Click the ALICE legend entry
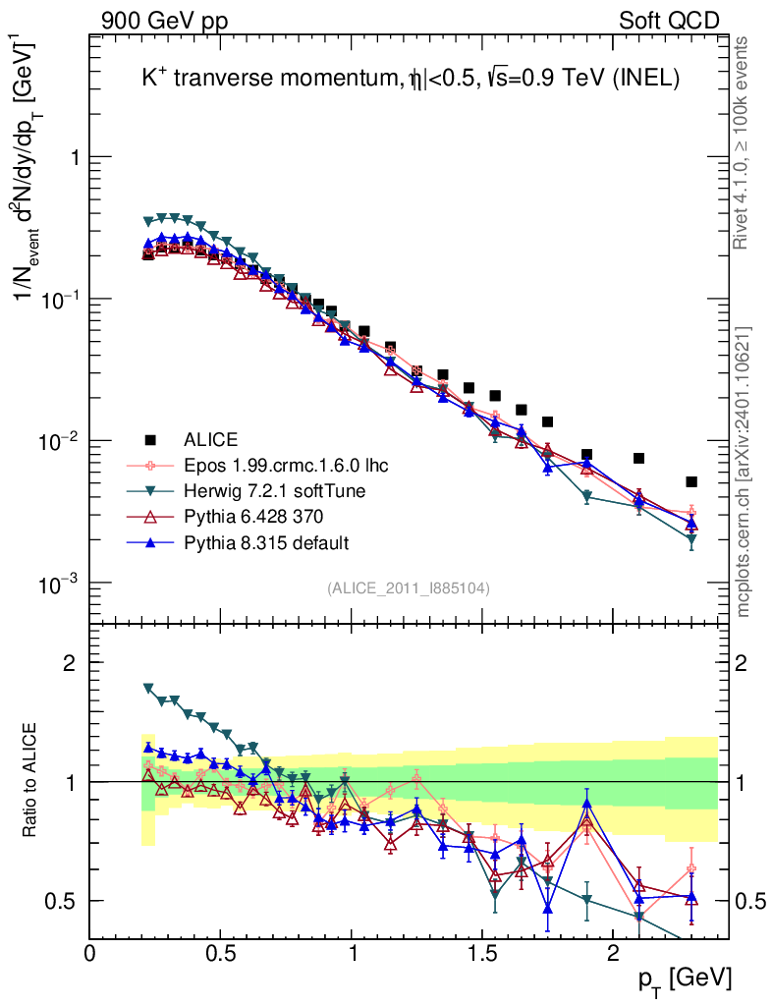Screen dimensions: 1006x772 pyautogui.click(x=210, y=439)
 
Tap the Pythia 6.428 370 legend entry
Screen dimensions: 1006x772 pyautogui.click(x=253, y=516)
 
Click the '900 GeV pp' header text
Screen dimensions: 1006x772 pyautogui.click(x=163, y=21)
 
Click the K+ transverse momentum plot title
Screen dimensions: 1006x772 pyautogui.click(x=411, y=82)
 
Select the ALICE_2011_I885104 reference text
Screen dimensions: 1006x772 pyautogui.click(x=409, y=587)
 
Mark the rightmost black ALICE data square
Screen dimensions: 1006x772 pyautogui.click(x=691, y=481)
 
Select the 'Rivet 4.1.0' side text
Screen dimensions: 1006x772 pyautogui.click(x=744, y=142)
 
